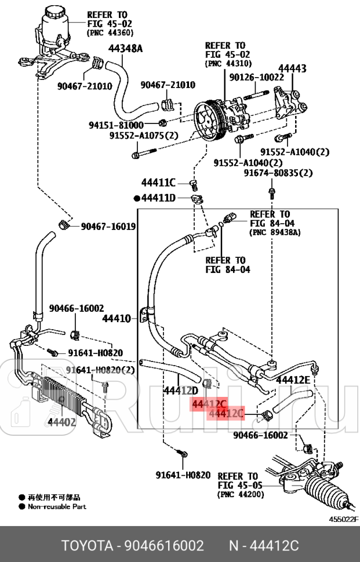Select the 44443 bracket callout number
(292, 68)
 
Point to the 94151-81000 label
(116, 125)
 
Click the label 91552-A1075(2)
(143, 136)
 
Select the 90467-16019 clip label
(108, 227)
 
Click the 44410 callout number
(118, 318)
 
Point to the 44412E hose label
(293, 380)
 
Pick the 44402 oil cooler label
(62, 421)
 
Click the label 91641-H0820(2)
(100, 370)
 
